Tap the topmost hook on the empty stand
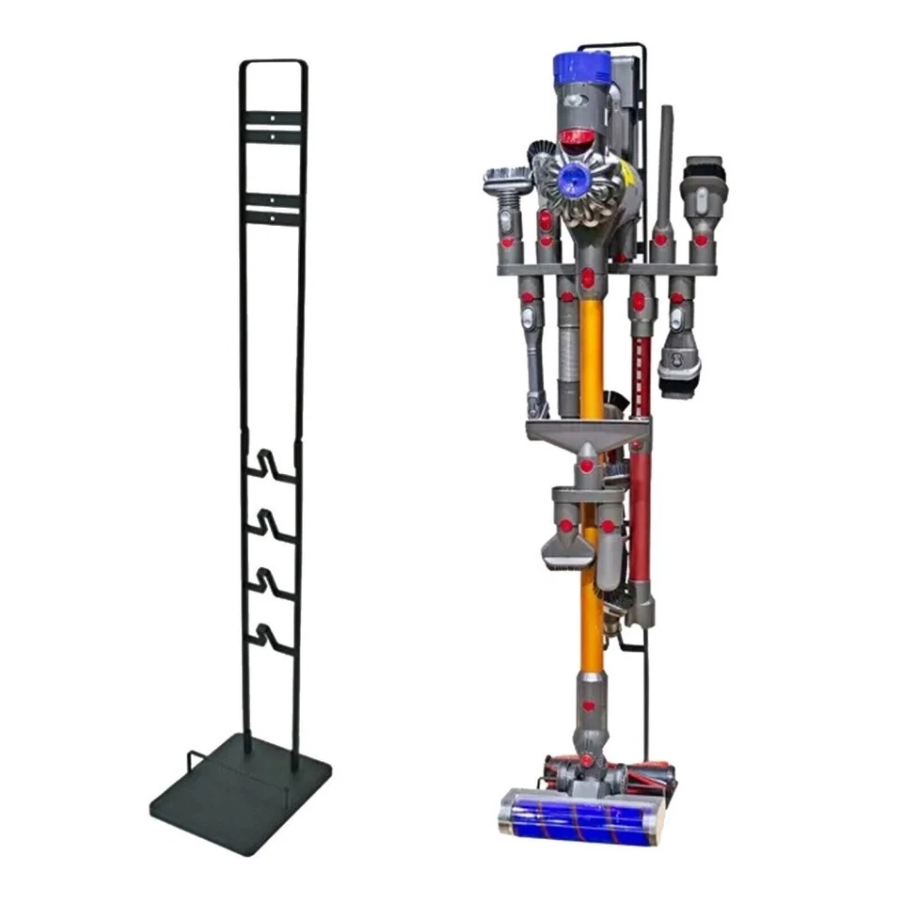click(273, 467)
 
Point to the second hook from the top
click(273, 523)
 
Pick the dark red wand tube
click(642, 508)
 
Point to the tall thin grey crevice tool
click(666, 179)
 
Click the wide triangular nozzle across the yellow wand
click(587, 433)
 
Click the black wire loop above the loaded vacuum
click(611, 47)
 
